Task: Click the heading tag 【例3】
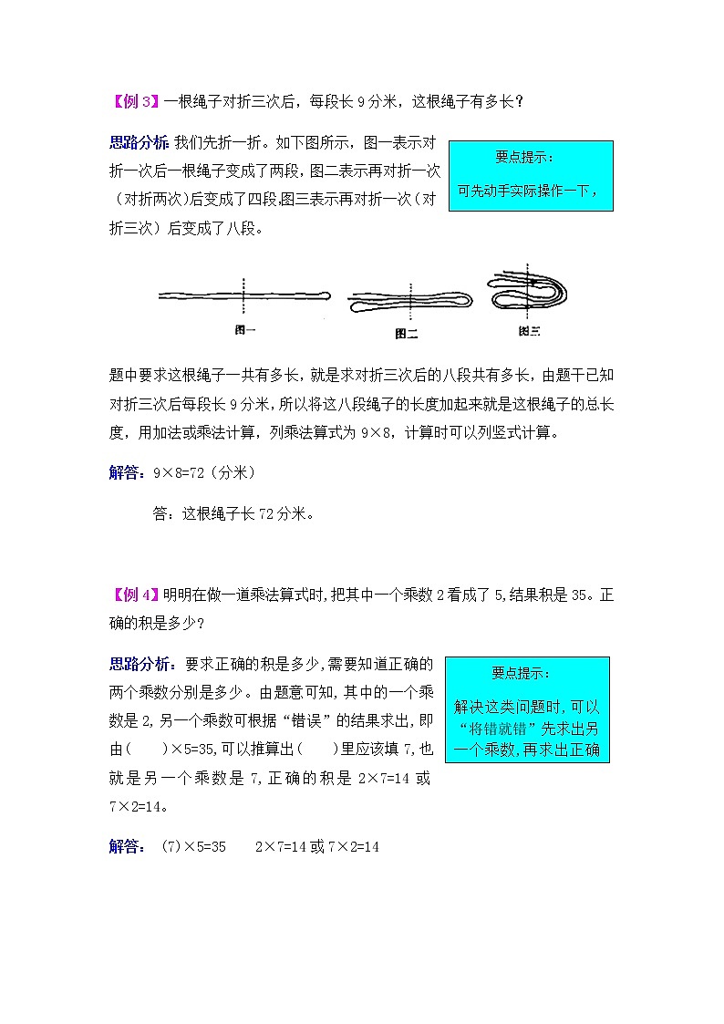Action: click(135, 102)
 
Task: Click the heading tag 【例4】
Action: click(135, 595)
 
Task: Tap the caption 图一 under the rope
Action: click(245, 331)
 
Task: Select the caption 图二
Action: click(407, 334)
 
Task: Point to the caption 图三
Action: click(529, 331)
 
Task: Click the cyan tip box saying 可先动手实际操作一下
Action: click(531, 175)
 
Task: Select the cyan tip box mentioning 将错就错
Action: click(527, 709)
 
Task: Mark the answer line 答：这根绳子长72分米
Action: click(233, 513)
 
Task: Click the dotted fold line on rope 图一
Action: click(245, 296)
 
